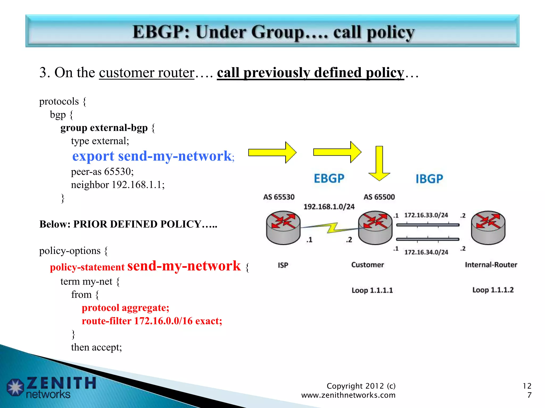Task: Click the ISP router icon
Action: click(x=283, y=227)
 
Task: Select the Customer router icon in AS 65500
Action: click(x=375, y=227)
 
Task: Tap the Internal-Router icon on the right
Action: click(x=488, y=227)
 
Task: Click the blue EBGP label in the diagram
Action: click(x=329, y=178)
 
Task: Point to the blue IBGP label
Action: click(x=429, y=179)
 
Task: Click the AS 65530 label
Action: click(x=279, y=197)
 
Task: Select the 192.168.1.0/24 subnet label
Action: click(x=329, y=207)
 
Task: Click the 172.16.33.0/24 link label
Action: click(x=426, y=215)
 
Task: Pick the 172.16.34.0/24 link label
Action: click(x=426, y=252)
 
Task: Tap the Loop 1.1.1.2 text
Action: click(x=493, y=290)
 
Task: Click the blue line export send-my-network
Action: click(x=153, y=156)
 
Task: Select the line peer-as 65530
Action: click(x=102, y=172)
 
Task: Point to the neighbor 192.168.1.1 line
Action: click(x=118, y=185)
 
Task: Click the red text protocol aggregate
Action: click(x=125, y=308)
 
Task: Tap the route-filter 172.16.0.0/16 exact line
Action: click(x=152, y=321)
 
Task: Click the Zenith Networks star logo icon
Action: click(x=15, y=387)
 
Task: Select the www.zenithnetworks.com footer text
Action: click(x=348, y=395)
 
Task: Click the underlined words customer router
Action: click(x=147, y=73)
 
